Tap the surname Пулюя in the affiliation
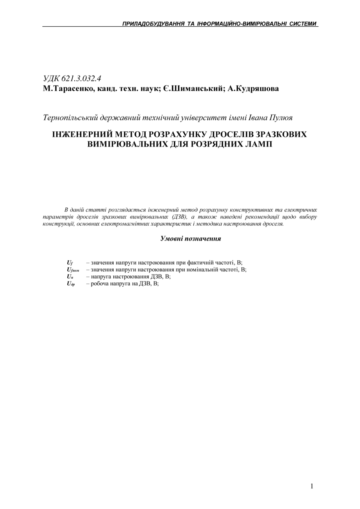point(281,118)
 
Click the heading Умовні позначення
point(190,238)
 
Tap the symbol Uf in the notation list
point(69,262)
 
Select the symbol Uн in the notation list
point(70,277)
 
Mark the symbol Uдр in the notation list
point(71,284)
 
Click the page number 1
point(312,486)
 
